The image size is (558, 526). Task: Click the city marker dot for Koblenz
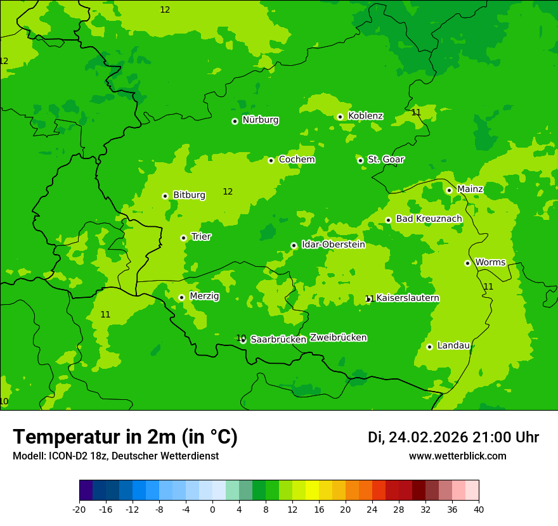point(340,117)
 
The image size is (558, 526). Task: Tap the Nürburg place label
point(260,120)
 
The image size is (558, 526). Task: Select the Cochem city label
point(296,160)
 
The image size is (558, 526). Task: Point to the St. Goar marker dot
point(360,160)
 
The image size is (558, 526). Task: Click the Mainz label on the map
point(470,189)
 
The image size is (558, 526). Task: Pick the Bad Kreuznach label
point(429,219)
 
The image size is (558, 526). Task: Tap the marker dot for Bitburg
point(165,196)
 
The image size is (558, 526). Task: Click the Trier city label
point(201,237)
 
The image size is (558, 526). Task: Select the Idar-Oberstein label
point(333,245)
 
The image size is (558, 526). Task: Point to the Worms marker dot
point(467,263)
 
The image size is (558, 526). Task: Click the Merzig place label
point(204,297)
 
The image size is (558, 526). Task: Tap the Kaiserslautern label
point(408,298)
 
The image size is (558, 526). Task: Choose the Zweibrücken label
point(338,338)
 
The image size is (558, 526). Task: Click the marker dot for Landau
point(429,347)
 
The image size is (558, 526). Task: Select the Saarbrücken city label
point(278,340)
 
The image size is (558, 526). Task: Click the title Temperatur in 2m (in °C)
point(125,437)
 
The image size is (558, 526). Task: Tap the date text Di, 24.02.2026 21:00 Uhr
point(453,437)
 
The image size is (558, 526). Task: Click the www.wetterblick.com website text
point(457,456)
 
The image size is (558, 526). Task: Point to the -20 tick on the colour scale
point(79,509)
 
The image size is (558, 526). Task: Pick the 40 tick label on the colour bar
point(479,509)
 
